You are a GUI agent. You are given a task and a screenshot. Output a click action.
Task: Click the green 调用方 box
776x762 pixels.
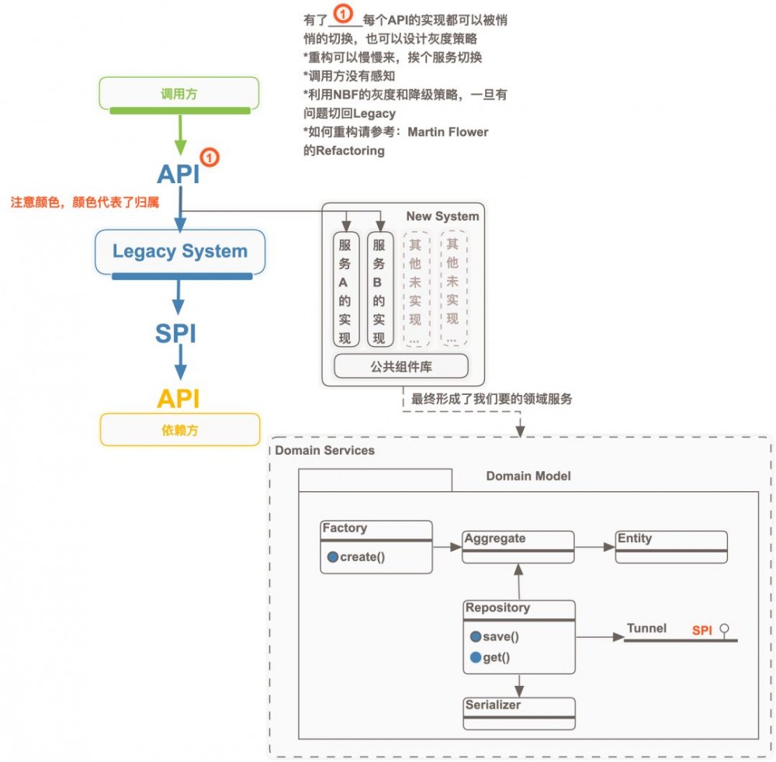tap(179, 93)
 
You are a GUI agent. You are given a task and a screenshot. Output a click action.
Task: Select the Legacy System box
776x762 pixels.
tap(180, 251)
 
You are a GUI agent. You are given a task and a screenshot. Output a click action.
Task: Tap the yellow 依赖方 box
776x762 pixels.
tap(180, 429)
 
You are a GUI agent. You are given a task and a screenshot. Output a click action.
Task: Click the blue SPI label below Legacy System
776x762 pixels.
tap(175, 334)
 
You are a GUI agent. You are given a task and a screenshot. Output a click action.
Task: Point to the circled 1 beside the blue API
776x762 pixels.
tap(210, 158)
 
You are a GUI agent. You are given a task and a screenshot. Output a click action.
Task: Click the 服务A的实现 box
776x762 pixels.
tap(345, 289)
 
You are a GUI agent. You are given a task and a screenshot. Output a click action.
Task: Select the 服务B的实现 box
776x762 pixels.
tap(379, 289)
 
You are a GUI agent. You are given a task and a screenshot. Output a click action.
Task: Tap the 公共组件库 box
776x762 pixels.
tap(401, 366)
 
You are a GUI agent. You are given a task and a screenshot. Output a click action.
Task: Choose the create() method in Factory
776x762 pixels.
tap(362, 557)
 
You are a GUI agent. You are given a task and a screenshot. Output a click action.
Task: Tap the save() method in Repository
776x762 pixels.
tap(501, 636)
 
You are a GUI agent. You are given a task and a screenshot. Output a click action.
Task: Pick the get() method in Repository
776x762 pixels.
tap(496, 657)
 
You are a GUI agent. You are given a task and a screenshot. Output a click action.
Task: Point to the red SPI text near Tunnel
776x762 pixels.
tap(702, 630)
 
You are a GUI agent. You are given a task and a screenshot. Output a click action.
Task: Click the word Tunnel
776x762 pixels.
tap(646, 629)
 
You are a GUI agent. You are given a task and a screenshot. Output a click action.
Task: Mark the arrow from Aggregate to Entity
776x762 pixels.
tap(595, 547)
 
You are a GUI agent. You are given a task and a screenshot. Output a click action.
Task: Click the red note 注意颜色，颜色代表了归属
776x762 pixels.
tap(85, 203)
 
